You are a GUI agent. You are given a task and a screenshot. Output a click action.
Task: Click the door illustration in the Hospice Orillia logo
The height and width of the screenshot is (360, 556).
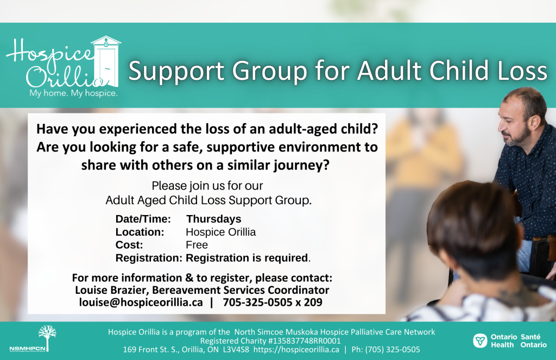(x=106, y=61)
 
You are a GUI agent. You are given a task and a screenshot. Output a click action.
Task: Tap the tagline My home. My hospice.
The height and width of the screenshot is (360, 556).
(x=73, y=93)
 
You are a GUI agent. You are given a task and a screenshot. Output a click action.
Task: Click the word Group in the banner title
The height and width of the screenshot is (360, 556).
(x=269, y=71)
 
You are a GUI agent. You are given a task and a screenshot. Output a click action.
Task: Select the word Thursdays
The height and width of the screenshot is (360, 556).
(x=214, y=219)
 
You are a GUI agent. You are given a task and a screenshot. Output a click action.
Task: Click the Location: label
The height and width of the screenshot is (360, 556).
(x=140, y=232)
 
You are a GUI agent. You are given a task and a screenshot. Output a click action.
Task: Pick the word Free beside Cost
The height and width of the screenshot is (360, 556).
(x=197, y=245)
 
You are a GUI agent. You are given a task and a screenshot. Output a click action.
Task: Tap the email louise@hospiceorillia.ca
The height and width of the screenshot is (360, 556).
(x=141, y=302)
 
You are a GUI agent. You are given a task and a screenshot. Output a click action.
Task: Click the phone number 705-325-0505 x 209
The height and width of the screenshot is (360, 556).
(x=273, y=302)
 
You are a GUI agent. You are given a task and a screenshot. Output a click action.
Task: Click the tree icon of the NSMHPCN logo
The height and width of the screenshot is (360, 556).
(x=47, y=338)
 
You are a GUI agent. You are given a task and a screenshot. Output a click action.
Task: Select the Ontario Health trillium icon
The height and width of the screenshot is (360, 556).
(x=480, y=340)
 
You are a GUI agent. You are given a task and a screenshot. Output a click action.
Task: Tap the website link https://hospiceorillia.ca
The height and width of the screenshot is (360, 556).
(x=296, y=350)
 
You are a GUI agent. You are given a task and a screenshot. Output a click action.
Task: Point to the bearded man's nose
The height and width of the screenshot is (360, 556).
(x=501, y=125)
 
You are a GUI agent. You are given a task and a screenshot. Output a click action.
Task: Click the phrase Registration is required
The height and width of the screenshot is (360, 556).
(x=248, y=258)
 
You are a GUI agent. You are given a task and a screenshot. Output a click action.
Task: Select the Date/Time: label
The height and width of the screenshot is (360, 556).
(x=143, y=219)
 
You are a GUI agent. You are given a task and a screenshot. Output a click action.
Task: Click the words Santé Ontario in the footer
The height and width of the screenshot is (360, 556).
(x=533, y=340)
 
